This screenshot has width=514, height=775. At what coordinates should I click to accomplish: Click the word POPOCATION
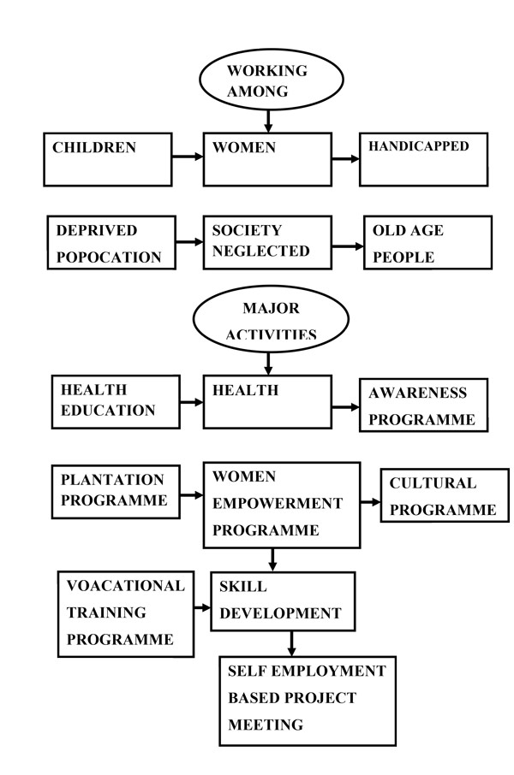109,257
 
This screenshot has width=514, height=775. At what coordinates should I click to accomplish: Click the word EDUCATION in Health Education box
108,411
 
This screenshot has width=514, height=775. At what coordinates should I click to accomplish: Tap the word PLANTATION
112,479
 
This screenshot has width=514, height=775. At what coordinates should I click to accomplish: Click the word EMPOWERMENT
278,503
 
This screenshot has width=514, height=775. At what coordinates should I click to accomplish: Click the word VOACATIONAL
126,586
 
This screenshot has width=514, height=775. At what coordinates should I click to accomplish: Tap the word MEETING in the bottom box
266,725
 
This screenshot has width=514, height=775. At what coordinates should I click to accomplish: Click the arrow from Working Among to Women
268,121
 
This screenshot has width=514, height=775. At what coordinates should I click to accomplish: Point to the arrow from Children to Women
188,157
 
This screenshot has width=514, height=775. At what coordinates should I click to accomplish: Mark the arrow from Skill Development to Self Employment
291,644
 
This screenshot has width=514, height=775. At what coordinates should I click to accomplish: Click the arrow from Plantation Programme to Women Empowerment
192,494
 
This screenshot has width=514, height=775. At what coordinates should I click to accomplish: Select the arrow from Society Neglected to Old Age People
348,246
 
